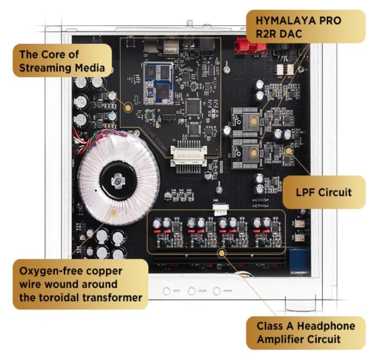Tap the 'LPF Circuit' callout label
point(324,192)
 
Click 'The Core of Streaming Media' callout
point(62,61)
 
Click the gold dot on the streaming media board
point(127,107)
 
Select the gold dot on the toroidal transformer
point(113,212)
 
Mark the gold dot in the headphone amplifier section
point(223,253)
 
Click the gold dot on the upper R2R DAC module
point(254,121)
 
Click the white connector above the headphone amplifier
point(221,209)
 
